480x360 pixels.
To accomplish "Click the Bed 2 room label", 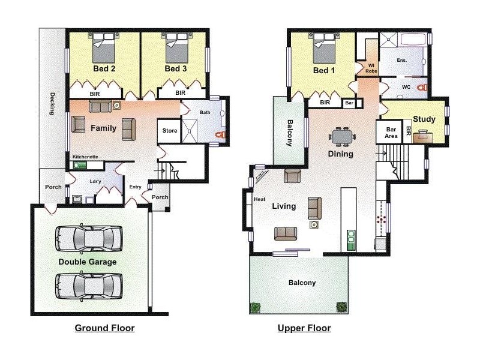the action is click(x=104, y=68).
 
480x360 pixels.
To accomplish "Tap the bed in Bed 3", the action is click(x=176, y=48).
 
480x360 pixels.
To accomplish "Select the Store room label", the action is click(x=170, y=131).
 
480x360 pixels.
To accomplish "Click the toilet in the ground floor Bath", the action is click(x=220, y=134).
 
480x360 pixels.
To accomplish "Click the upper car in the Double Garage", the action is click(x=89, y=238).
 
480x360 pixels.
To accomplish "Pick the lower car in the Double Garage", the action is click(x=89, y=286).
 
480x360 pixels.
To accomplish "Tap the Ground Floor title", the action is click(x=104, y=328).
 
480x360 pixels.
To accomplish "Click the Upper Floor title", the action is click(x=304, y=328).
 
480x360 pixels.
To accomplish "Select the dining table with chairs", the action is click(x=342, y=137).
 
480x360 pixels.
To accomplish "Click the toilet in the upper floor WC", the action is click(x=422, y=88).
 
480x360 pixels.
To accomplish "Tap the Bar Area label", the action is click(x=391, y=133).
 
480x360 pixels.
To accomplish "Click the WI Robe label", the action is click(x=371, y=68).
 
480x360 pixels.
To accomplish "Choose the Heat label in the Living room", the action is click(x=260, y=199).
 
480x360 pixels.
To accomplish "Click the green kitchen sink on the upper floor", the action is click(x=351, y=240).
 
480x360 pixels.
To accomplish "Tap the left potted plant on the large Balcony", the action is click(x=256, y=307).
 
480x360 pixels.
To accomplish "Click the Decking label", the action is click(x=52, y=103).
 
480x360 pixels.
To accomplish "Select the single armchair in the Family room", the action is click(x=78, y=124).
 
